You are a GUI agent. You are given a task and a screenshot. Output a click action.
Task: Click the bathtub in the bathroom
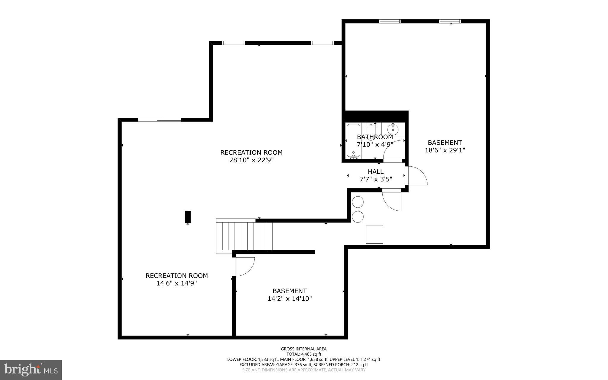[353, 141]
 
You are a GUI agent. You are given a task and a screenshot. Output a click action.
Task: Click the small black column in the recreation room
[188, 217]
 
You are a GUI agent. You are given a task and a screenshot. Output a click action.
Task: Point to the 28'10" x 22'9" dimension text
[251, 160]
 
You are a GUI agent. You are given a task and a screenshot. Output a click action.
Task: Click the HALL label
[376, 171]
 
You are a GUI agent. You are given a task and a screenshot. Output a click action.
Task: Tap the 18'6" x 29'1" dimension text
[445, 150]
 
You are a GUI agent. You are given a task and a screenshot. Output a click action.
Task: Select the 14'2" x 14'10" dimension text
[289, 299]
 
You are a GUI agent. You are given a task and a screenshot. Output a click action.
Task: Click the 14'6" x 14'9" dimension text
[177, 283]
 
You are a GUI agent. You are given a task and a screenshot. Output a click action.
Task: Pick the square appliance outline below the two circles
[374, 235]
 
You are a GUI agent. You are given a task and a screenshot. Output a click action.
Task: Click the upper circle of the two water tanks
[358, 202]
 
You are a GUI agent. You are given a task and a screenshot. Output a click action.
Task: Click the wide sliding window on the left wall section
[159, 120]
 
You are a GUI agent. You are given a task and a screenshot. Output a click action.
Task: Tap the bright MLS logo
[31, 370]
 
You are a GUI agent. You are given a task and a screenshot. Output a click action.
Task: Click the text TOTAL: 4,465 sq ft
[303, 354]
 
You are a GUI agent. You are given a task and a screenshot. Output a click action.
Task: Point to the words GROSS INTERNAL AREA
[303, 349]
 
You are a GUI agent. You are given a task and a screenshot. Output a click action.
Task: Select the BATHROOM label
[375, 137]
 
